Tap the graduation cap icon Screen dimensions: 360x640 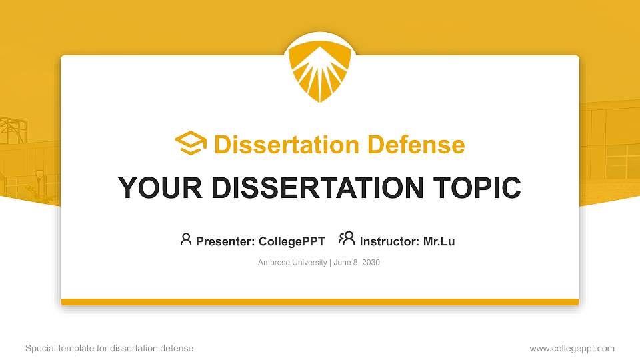191,144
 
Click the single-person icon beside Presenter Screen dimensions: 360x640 186,239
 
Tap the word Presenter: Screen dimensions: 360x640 223,241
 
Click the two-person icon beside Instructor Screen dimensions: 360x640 347,239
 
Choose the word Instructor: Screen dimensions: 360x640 389,241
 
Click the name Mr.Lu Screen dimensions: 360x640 439,241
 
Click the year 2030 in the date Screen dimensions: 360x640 370,263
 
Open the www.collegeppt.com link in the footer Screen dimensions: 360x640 572,348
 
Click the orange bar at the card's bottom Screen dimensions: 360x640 320,302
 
